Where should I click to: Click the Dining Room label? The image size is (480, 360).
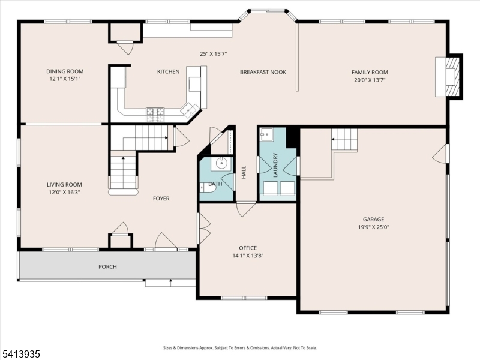coord(64,71)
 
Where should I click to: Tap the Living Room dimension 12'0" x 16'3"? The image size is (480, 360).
coord(64,193)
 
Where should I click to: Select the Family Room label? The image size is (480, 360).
coord(370,72)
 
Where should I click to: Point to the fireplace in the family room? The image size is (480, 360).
coord(449,76)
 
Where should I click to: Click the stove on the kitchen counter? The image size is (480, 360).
coord(155,111)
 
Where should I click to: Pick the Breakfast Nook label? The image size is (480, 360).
coord(263,72)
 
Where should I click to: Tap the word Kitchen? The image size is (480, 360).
coord(168,72)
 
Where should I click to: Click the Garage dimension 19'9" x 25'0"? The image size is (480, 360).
coord(373,227)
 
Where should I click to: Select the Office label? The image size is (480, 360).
coord(247,248)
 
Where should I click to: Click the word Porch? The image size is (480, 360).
coord(107,266)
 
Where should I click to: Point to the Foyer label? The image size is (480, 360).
coord(161,199)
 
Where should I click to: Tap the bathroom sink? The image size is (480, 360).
coord(221,163)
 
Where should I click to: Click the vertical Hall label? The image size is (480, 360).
coord(244,172)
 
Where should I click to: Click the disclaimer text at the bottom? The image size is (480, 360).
coord(240,348)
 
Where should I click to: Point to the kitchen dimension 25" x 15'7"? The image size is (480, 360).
coord(213,54)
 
